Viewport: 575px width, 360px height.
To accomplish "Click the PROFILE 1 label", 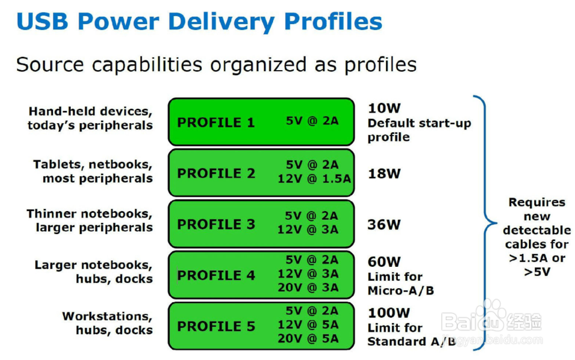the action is coord(216,122).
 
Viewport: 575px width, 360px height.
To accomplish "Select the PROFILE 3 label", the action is coord(216,224).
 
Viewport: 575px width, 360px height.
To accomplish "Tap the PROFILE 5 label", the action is coord(216,326).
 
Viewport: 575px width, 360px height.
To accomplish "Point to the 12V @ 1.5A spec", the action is coord(315,178).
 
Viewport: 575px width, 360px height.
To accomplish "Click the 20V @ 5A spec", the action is coord(308,338).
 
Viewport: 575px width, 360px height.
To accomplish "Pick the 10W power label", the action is coord(384,108).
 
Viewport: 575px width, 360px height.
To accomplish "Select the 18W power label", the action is coord(384,174).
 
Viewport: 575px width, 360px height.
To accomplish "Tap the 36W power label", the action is coord(384,224).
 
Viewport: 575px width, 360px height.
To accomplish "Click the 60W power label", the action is coord(384,262).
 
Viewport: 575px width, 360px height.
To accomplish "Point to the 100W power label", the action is coord(389,313).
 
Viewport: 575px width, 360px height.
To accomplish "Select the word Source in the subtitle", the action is coord(50,64).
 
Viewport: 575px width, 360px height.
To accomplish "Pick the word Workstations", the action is coord(107,316).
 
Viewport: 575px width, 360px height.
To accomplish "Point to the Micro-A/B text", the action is coord(401,291).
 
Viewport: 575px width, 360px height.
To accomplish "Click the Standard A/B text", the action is coord(412,342).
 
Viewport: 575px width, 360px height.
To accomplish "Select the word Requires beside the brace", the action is coord(537,202).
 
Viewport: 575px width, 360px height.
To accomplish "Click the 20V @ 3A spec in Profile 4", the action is coord(308,288).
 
